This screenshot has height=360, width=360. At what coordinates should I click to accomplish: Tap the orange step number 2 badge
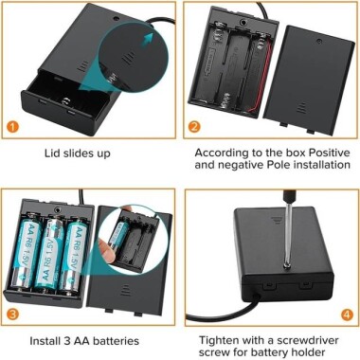(x=194, y=127)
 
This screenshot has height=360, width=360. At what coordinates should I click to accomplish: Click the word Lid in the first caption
(x=54, y=152)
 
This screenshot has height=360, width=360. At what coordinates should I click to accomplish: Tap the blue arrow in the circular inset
(x=148, y=39)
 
